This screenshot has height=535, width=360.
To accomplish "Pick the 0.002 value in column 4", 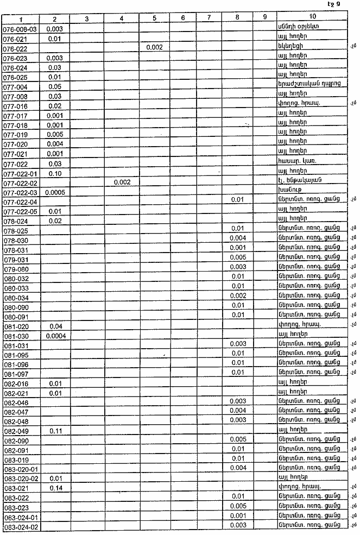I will pos(121,182).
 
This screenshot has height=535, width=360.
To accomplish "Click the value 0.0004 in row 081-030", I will pos(54,335).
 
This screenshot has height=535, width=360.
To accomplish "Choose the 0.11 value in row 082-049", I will pos(54,431).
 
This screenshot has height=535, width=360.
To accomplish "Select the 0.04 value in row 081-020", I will pos(54,326).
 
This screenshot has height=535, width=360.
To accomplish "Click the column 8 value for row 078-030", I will pos(238,238).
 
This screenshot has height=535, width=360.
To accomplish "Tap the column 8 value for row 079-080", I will pos(238,267).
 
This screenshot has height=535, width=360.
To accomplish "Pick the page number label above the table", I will pos(334,4).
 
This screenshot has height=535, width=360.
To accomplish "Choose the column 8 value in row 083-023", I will pos(238,507).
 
